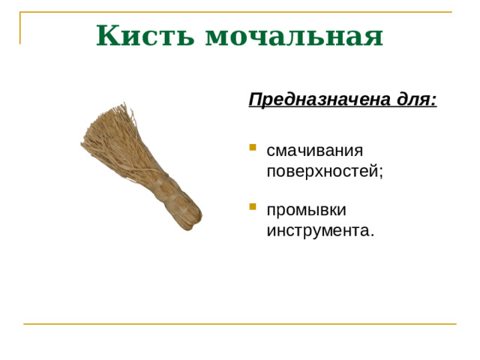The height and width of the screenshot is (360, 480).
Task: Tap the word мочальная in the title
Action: [x=294, y=35]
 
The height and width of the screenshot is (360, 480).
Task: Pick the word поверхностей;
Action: [x=324, y=170]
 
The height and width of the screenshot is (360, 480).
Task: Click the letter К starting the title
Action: [x=108, y=35]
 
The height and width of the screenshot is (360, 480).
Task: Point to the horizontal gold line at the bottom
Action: [x=240, y=324]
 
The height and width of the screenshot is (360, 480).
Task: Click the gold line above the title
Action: [x=240, y=13]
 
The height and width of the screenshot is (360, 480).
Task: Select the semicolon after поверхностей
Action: [x=380, y=172]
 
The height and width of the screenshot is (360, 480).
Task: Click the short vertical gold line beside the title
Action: [x=20, y=28]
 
